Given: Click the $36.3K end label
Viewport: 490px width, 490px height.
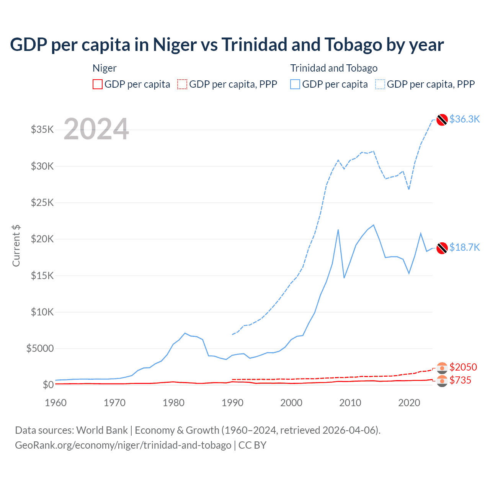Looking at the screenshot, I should pos(464,119).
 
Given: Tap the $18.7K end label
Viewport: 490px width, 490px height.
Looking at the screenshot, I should pos(464,248).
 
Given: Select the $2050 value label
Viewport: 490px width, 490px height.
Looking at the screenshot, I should pos(463,367).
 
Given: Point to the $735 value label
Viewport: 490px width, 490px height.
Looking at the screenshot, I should pos(461,381).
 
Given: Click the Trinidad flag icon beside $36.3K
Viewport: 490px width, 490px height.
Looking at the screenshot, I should pos(442,120).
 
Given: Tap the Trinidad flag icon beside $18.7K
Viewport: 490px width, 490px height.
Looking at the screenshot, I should pos(442,248).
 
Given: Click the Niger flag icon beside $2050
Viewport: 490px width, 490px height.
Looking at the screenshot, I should pos(442,368).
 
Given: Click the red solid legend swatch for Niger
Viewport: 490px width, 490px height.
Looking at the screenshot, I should pos(98,84).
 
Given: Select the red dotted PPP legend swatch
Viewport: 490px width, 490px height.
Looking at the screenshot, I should pos(182,84).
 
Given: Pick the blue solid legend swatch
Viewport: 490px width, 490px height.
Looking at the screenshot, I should pos(295,84).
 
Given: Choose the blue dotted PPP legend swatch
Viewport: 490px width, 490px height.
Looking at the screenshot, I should pos(380,84).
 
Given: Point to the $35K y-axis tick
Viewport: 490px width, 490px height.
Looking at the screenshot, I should pos(42,130).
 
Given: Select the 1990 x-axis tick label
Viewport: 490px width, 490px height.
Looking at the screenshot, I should pos(233,403).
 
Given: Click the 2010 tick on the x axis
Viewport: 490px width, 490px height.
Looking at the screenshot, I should pos(350,403).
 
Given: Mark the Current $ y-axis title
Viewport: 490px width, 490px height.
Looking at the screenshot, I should pos(16,246).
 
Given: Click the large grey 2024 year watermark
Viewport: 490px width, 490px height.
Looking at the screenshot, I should pos(96,129).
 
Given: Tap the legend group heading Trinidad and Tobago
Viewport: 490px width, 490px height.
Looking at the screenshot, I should pos(334,68).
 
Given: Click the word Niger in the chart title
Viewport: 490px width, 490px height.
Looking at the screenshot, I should pos(175,45).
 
